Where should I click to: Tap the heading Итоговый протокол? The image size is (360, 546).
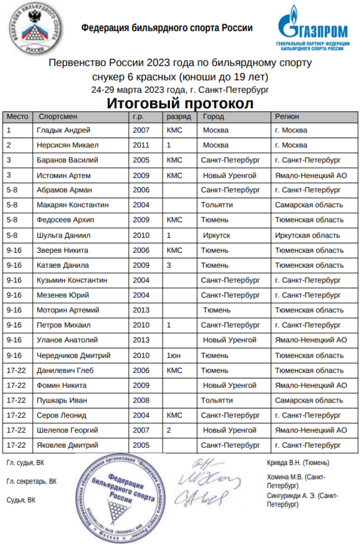click(x=180, y=103)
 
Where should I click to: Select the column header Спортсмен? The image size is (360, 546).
click(x=58, y=117)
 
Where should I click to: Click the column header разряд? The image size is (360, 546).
click(x=179, y=117)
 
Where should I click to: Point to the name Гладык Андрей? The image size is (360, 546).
click(x=63, y=130)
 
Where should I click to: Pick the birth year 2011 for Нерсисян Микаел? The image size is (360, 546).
click(x=141, y=145)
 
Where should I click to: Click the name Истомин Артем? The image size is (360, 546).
click(x=63, y=175)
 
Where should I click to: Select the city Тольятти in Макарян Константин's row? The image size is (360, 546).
click(x=217, y=205)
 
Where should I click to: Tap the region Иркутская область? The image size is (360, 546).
click(x=307, y=235)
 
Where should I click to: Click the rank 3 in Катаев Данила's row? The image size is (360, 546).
click(x=169, y=265)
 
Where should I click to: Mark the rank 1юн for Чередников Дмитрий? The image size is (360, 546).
click(x=174, y=355)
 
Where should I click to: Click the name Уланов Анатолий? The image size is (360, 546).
click(x=67, y=340)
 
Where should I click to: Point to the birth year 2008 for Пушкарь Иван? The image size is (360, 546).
click(x=141, y=400)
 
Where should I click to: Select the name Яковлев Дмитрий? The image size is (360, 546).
click(x=67, y=445)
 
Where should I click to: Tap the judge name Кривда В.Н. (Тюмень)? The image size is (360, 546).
click(x=298, y=463)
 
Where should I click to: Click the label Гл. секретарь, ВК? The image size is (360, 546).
click(x=32, y=481)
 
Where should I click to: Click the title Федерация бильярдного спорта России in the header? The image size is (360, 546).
click(x=167, y=28)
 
